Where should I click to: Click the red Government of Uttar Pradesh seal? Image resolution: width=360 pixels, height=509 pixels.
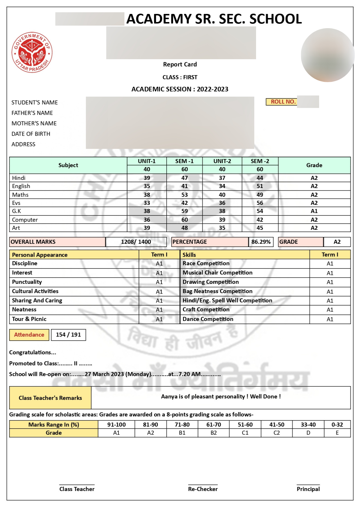click(32, 52)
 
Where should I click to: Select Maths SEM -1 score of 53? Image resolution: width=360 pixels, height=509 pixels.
click(184, 195)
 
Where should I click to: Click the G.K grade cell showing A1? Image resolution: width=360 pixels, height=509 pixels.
click(314, 211)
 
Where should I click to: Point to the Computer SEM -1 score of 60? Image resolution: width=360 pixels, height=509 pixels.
click(184, 220)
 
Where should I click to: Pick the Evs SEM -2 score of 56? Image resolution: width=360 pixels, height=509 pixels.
click(260, 203)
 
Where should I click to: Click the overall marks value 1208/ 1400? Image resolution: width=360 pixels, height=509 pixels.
click(136, 242)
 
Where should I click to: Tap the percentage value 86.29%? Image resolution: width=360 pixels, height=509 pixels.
click(261, 242)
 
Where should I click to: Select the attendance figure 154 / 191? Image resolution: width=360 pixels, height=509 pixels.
click(68, 335)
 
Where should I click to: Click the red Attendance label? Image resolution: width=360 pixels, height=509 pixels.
click(29, 335)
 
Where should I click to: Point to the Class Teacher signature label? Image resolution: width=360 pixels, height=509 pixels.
click(77, 489)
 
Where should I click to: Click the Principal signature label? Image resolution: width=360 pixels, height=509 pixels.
click(308, 489)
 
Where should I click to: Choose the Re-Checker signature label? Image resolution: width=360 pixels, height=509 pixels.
click(203, 489)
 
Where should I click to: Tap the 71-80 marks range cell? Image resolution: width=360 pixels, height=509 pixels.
click(182, 425)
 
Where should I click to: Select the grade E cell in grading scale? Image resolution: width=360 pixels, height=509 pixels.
click(337, 433)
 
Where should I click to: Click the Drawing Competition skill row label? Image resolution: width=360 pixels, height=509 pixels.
click(210, 282)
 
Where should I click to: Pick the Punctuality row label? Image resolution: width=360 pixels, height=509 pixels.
click(27, 282)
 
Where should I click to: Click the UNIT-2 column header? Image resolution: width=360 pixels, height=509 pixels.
click(222, 161)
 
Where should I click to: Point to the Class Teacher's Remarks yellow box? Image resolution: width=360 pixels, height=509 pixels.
click(50, 398)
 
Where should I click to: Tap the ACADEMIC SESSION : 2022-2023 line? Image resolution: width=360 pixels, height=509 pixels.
click(180, 89)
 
